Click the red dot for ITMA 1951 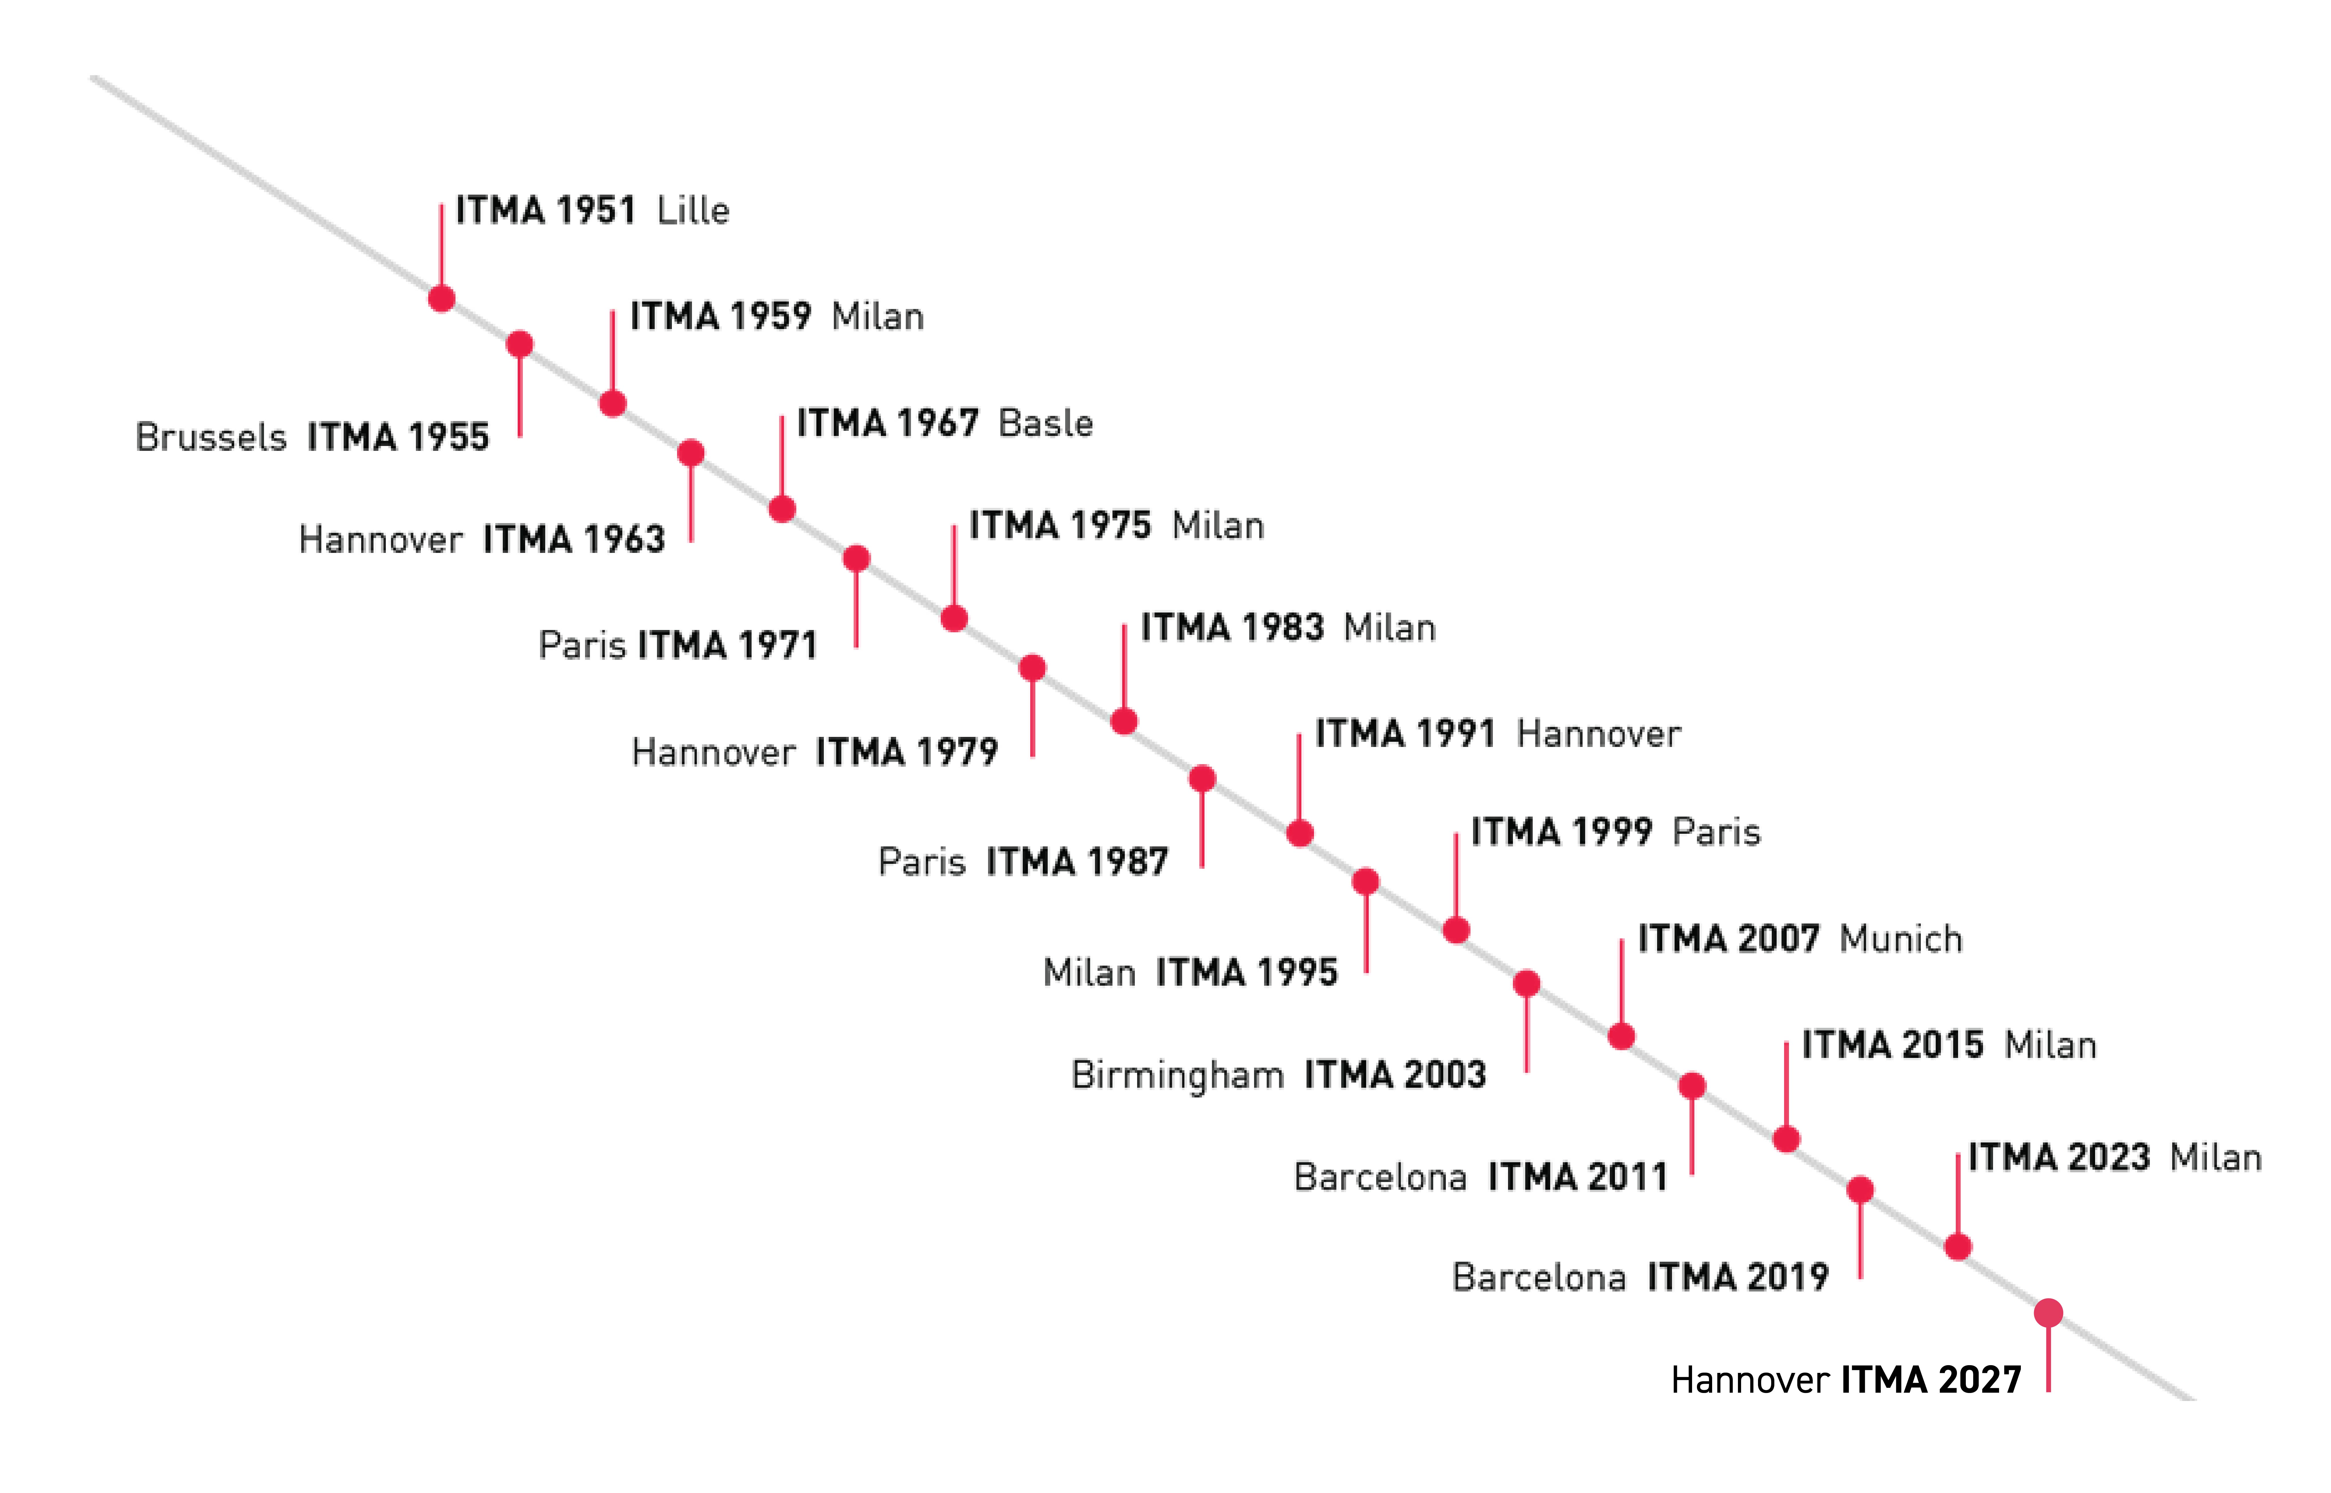tap(442, 299)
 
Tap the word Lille tap(692, 210)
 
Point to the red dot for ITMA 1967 tap(783, 509)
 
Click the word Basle tap(1045, 424)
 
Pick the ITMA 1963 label tap(574, 539)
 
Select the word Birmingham tap(1177, 1075)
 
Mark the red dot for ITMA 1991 tap(1300, 834)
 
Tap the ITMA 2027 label tap(1931, 1379)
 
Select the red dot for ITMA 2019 tap(1860, 1189)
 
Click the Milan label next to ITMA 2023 tap(2215, 1158)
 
